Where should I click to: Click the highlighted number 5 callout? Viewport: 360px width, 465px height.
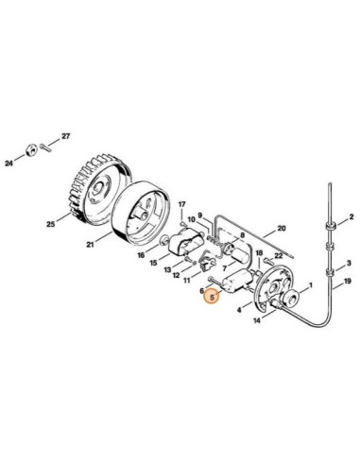213,298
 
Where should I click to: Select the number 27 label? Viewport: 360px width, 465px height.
65,137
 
